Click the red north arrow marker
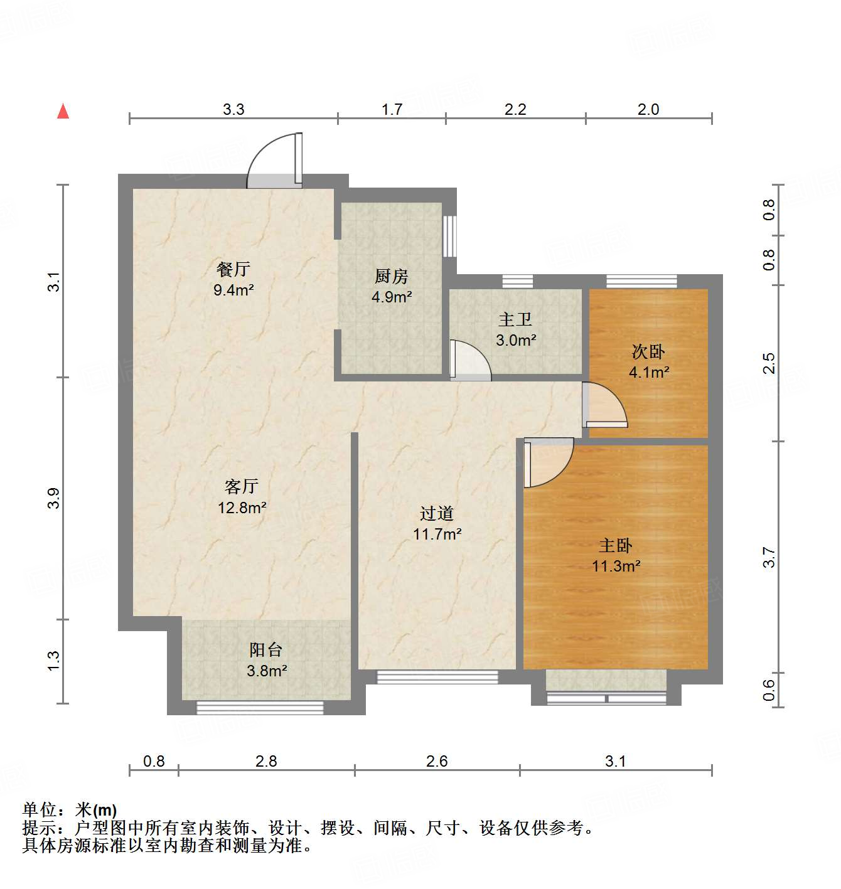pyautogui.click(x=63, y=111)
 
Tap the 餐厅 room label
pyautogui.click(x=233, y=269)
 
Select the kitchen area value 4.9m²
pyautogui.click(x=391, y=297)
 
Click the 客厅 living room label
pyautogui.click(x=242, y=486)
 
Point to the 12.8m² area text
pyautogui.click(x=242, y=508)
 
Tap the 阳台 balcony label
pyautogui.click(x=266, y=649)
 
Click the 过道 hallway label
pyautogui.click(x=437, y=513)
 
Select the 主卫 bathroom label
pyautogui.click(x=515, y=319)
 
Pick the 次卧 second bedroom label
pyautogui.click(x=648, y=351)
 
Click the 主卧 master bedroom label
pyautogui.click(x=616, y=545)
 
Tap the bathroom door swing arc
pyautogui.click(x=471, y=360)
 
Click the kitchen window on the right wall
pyautogui.click(x=449, y=236)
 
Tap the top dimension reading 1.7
pyautogui.click(x=392, y=109)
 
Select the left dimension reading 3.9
pyautogui.click(x=53, y=498)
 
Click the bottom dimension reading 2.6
pyautogui.click(x=437, y=761)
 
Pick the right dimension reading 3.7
pyautogui.click(x=769, y=557)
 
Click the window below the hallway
pyautogui.click(x=437, y=677)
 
